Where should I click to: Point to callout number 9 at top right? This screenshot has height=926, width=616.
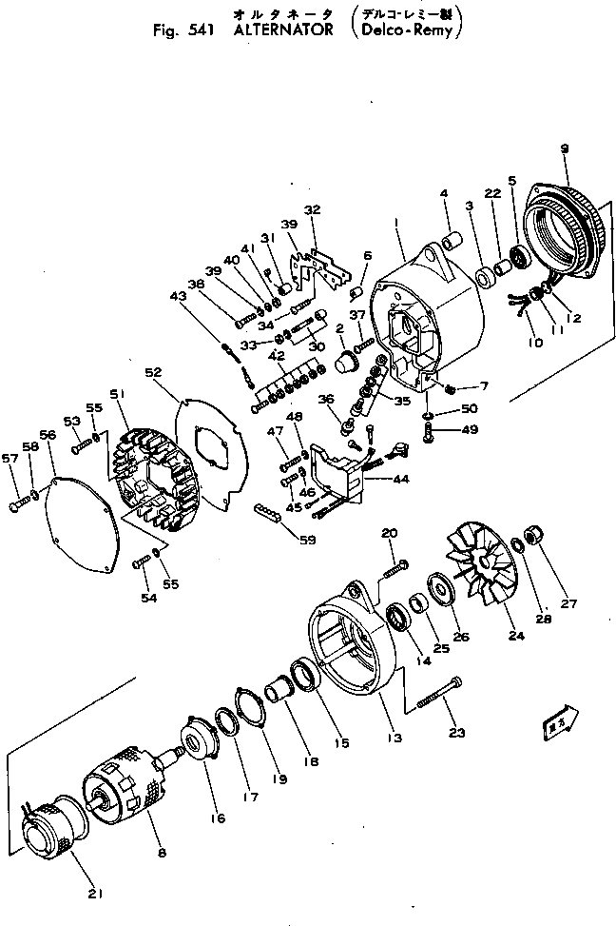pyautogui.click(x=564, y=148)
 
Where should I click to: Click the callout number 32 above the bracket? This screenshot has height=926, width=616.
pyautogui.click(x=312, y=209)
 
